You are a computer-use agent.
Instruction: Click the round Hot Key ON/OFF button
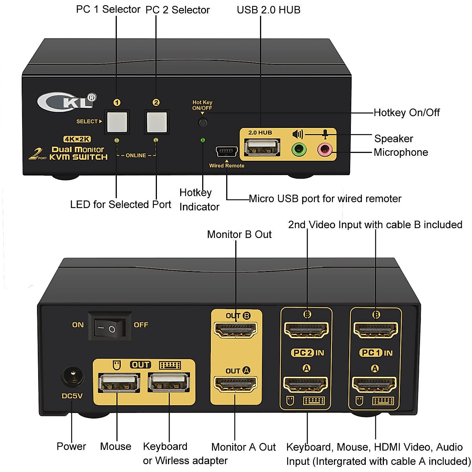203,122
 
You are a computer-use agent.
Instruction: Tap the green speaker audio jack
299,149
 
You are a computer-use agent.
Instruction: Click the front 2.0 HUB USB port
262,148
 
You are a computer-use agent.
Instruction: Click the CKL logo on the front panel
67,101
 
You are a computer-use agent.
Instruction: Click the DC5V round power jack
72,377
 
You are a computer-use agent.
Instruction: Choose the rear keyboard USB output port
168,383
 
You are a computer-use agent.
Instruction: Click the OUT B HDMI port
236,329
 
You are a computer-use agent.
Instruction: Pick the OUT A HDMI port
235,383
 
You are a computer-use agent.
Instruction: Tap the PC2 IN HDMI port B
306,330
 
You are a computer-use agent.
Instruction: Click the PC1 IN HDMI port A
374,384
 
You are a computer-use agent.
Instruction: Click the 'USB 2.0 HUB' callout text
269,10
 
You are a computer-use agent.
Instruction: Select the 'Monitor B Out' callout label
239,234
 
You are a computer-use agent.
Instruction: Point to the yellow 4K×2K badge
77,139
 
